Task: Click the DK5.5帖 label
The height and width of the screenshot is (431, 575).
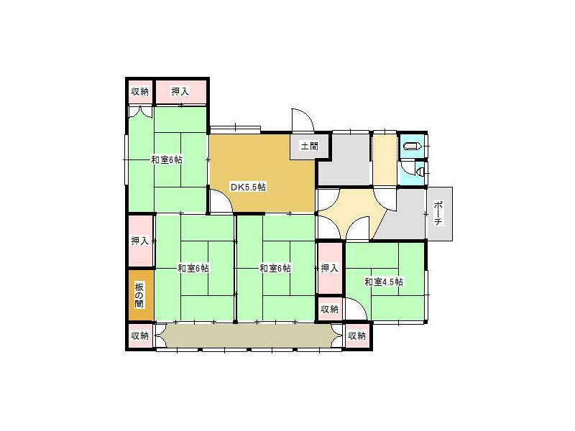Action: tap(248, 187)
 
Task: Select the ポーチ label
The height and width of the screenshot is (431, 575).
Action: tap(438, 213)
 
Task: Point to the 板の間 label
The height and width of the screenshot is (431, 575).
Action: tap(139, 295)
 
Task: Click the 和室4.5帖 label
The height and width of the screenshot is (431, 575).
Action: tap(383, 282)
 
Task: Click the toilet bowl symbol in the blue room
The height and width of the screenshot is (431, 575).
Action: tap(410, 147)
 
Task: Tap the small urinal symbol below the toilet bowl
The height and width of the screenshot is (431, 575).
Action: tap(418, 172)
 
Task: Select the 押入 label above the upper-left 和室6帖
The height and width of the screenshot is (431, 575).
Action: tap(180, 91)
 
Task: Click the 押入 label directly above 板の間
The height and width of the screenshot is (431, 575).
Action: tap(139, 241)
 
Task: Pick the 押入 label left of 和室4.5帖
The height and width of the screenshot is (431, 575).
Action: tap(329, 269)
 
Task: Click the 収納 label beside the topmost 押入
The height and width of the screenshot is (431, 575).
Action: tap(139, 91)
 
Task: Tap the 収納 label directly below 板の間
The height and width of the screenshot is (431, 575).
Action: tap(139, 335)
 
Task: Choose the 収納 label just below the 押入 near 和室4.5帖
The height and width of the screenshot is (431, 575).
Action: tap(329, 309)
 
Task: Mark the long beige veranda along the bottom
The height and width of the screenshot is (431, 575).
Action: tap(248, 335)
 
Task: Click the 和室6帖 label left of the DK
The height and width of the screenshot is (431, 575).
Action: tap(167, 159)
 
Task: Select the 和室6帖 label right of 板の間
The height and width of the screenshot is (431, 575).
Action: tap(193, 269)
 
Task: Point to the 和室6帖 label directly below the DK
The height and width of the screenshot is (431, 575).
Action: tap(275, 269)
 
